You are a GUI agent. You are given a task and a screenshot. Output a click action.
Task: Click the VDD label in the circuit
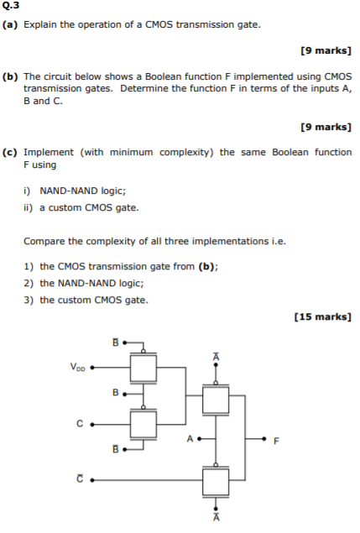pyautogui.click(x=77, y=366)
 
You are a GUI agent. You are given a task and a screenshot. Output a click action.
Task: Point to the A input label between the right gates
pyautogui.click(x=190, y=438)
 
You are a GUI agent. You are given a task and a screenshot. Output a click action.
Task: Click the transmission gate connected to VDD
pyautogui.click(x=144, y=366)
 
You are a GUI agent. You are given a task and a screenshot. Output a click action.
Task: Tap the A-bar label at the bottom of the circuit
pyautogui.click(x=217, y=518)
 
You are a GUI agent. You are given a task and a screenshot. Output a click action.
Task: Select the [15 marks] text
pyautogui.click(x=322, y=316)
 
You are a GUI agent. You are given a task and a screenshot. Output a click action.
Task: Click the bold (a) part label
pyautogui.click(x=11, y=25)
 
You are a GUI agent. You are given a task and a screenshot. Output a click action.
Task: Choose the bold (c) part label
pyautogui.click(x=11, y=152)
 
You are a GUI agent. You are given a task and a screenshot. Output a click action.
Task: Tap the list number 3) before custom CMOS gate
pyautogui.click(x=29, y=299)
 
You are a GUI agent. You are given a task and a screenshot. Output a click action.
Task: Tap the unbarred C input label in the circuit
pyautogui.click(x=81, y=423)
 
